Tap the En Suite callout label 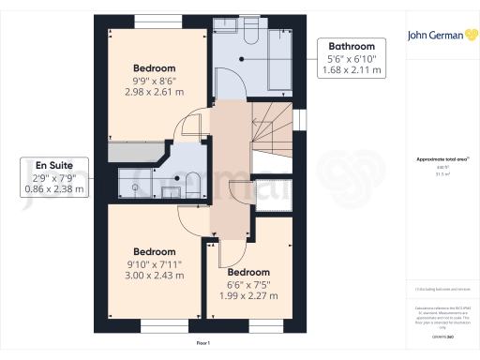(53, 175)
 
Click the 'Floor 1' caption (203, 345)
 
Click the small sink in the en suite (172, 191)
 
